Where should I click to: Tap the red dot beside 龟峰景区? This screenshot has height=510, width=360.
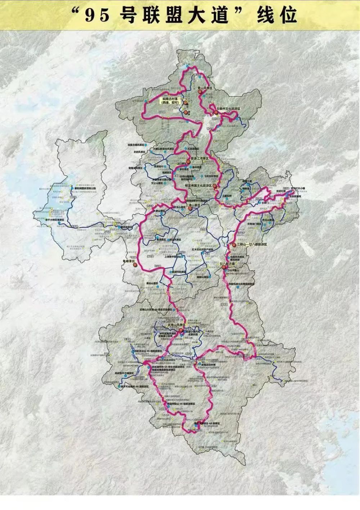pos(135,265)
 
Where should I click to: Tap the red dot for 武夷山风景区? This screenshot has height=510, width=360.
pos(181,329)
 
